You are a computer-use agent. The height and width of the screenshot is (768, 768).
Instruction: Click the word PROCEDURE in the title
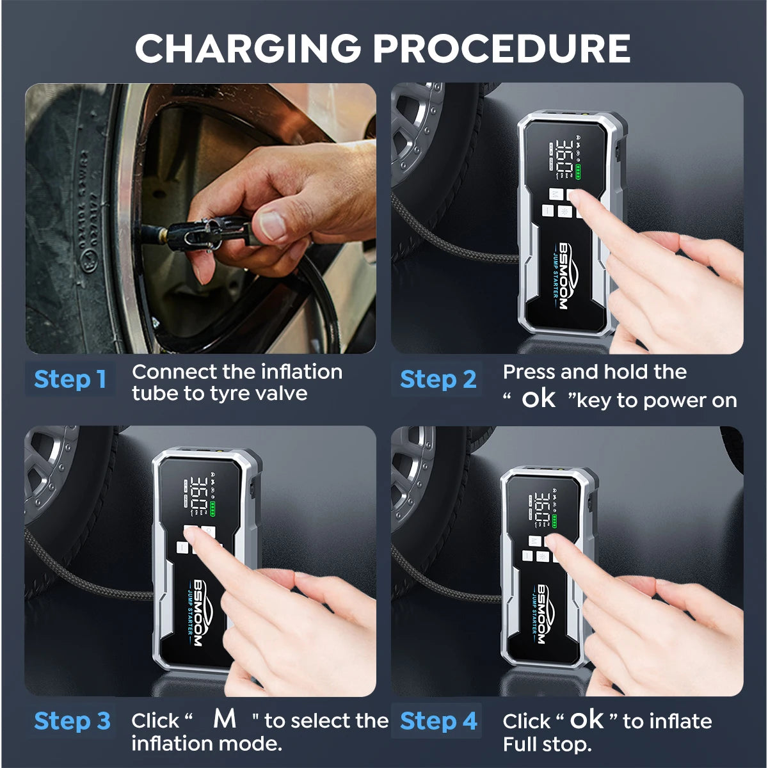click(x=502, y=49)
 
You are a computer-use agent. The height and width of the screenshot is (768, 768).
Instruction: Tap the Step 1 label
click(x=70, y=380)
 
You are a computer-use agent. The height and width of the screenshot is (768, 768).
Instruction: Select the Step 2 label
click(x=438, y=380)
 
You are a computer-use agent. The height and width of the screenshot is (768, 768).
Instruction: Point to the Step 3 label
click(x=72, y=721)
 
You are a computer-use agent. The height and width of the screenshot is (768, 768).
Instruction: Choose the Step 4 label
click(x=438, y=721)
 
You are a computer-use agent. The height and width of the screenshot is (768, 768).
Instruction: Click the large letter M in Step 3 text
click(x=225, y=719)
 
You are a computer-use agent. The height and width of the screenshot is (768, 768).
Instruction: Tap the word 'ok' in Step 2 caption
click(x=538, y=399)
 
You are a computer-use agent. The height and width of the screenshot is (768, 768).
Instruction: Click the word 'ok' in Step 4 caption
click(x=587, y=720)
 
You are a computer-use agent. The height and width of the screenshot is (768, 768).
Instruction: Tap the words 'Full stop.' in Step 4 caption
click(x=547, y=744)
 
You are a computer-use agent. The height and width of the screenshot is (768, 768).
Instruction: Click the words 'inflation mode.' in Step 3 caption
click(x=207, y=744)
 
